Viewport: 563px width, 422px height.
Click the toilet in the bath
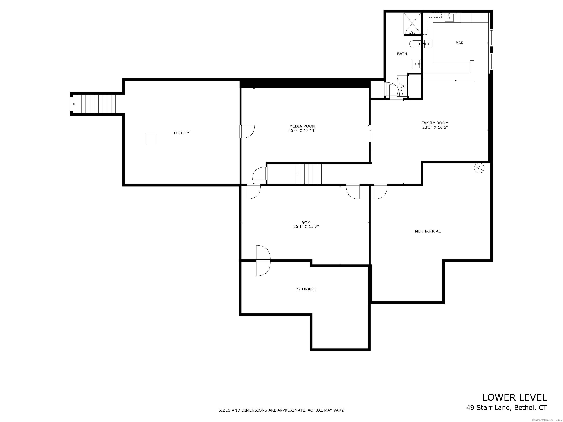415,44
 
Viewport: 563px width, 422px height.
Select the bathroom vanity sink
416,64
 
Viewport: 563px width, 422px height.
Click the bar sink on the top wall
449,18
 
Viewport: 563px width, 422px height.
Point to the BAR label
459,43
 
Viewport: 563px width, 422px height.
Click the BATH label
402,54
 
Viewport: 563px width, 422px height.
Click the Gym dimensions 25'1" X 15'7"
306,226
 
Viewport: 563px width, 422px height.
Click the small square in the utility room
151,139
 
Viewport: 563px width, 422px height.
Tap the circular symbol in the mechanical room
479,168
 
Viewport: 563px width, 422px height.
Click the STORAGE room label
306,289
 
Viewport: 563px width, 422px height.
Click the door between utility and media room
247,132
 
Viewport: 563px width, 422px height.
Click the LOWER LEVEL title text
515,398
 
